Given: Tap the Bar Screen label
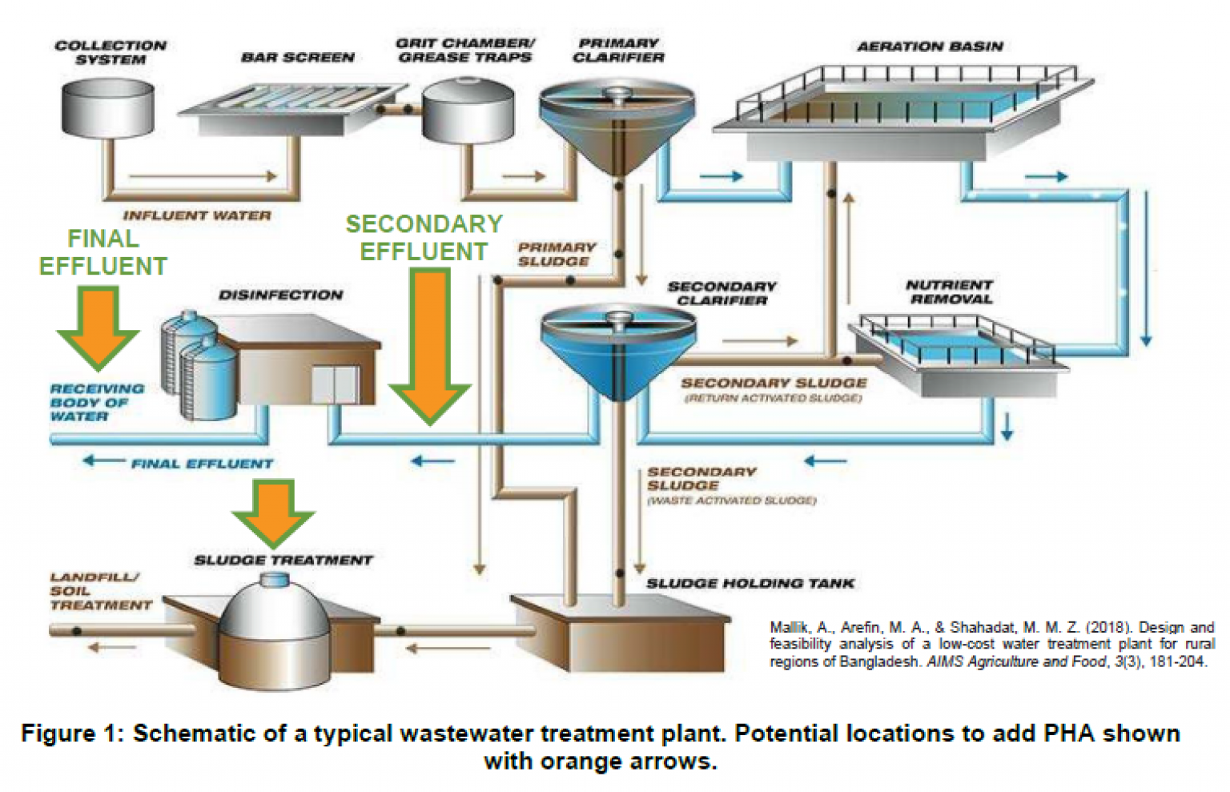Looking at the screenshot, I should tap(297, 58).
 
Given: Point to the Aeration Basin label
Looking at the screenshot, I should tap(930, 46).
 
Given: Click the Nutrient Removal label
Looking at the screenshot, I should tap(950, 291).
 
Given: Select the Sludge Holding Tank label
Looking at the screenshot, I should tap(750, 584).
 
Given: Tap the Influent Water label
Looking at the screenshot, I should tap(197, 215).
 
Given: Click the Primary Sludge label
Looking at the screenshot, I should tap(556, 255).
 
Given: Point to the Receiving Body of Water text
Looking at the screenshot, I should tap(96, 402).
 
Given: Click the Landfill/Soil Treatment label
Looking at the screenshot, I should tap(100, 591).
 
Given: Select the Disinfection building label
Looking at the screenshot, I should tap(280, 295).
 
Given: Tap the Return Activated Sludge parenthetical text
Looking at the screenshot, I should tap(773, 399).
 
